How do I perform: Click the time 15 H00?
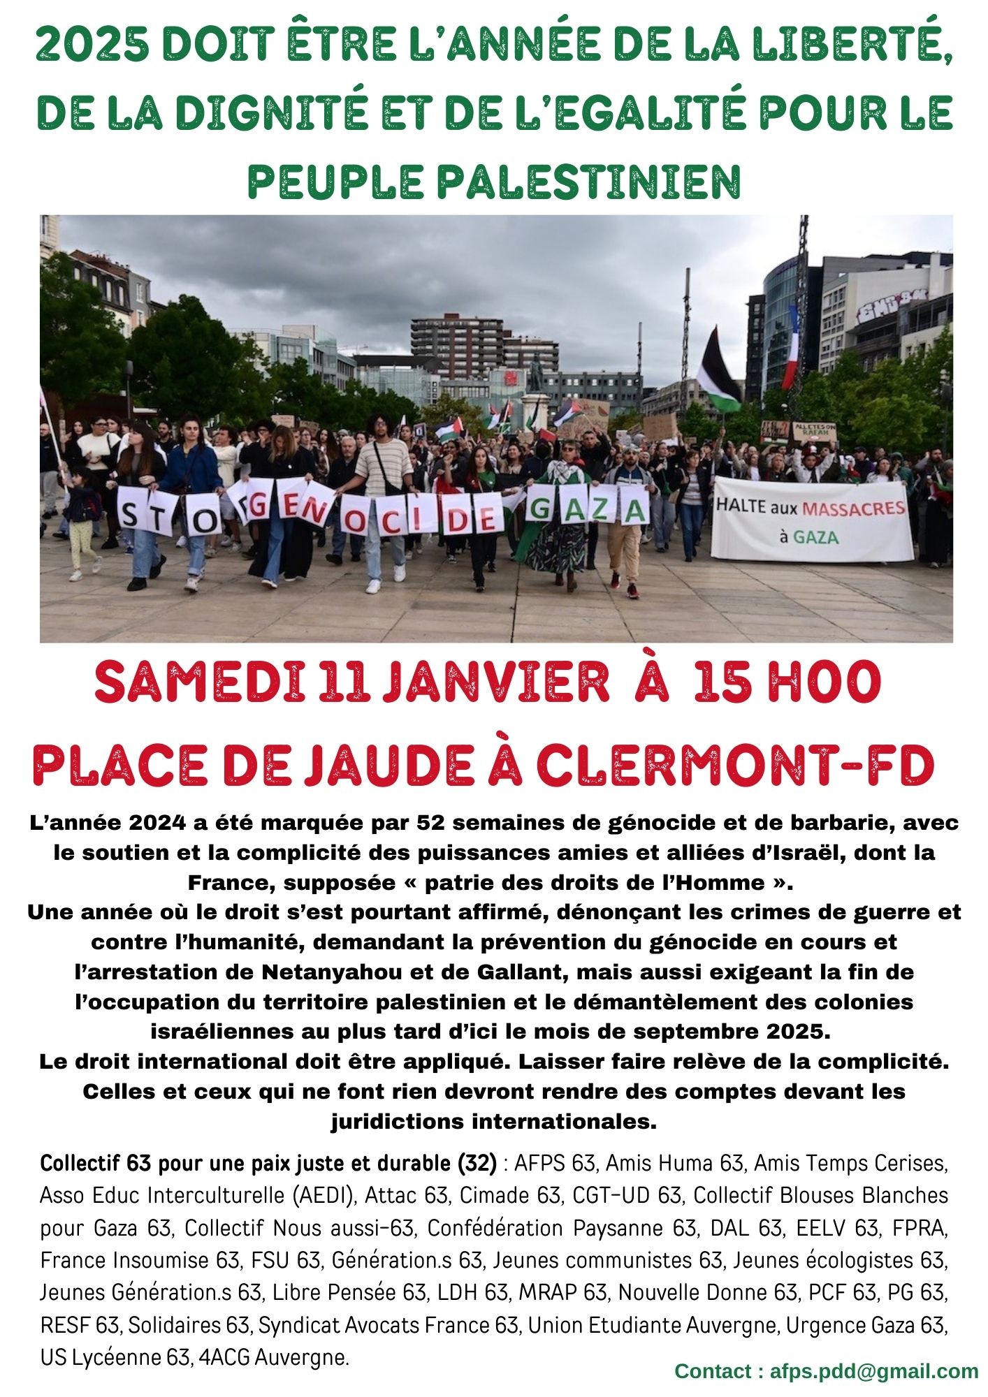coord(787,682)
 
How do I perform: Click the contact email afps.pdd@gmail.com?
coord(873,1371)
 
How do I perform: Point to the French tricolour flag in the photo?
coord(790,349)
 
